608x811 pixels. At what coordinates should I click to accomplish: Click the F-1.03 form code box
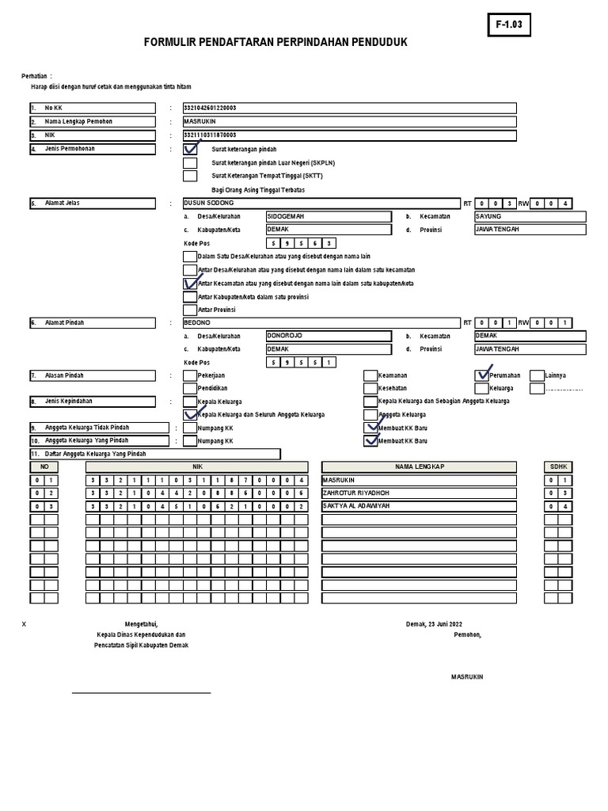click(x=509, y=25)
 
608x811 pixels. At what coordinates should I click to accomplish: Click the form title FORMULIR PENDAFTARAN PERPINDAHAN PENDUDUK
click(x=275, y=42)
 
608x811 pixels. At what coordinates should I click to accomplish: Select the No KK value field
click(x=349, y=109)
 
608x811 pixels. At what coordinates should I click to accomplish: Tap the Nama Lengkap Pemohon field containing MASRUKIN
click(x=349, y=122)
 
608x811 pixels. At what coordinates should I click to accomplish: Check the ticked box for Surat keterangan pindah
click(x=190, y=149)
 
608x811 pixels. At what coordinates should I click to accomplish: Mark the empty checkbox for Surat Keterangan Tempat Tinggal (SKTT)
click(x=190, y=176)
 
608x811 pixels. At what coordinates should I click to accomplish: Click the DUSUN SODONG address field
click(x=321, y=204)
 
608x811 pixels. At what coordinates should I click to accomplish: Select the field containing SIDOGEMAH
click(x=328, y=216)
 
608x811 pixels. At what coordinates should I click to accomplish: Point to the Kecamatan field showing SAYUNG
click(x=530, y=216)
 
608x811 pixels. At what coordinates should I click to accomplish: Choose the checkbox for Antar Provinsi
click(x=190, y=310)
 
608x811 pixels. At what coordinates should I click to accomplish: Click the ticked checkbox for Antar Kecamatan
click(x=190, y=283)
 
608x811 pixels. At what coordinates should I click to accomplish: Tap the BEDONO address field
click(x=321, y=323)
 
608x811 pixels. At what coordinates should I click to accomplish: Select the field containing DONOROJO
click(x=328, y=337)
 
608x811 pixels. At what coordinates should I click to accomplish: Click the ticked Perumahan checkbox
click(x=481, y=375)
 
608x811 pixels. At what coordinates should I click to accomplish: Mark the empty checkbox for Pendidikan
click(x=190, y=389)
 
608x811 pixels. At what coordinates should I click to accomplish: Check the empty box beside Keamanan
click(x=370, y=375)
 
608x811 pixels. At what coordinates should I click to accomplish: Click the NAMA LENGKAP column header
click(x=419, y=467)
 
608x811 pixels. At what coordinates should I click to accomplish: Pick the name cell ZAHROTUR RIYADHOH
click(x=419, y=493)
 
